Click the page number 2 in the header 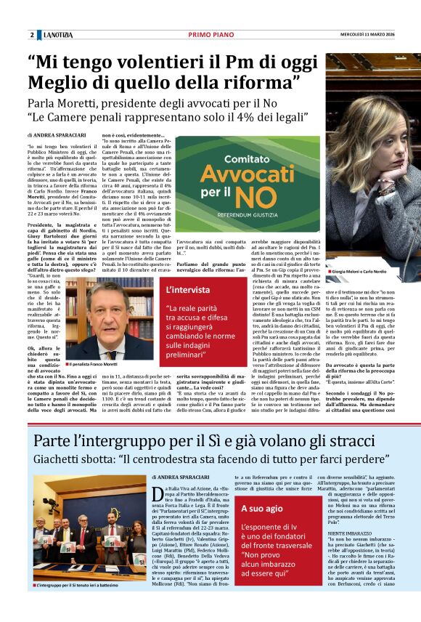(32, 36)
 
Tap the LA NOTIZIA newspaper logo (59, 36)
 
